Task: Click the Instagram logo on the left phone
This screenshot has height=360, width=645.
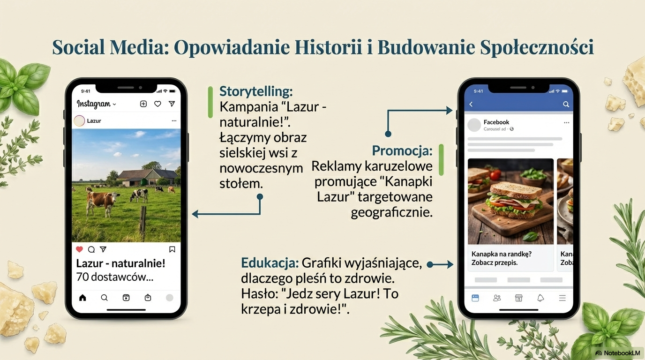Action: pos(93,104)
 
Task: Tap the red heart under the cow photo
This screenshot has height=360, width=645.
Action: pos(80,249)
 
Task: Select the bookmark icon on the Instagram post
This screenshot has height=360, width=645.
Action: pos(172,249)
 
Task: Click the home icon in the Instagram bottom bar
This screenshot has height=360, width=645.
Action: pos(82,298)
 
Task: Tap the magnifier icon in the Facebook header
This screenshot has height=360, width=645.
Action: pos(566,104)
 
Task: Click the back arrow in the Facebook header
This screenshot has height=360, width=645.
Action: pos(471,104)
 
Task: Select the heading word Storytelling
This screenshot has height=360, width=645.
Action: pos(256,91)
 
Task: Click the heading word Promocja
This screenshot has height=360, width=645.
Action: pos(402,150)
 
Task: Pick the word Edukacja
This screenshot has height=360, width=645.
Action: pos(270,262)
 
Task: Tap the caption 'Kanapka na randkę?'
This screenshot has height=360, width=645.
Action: pos(501,254)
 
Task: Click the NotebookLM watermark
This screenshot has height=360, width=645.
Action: pos(618,353)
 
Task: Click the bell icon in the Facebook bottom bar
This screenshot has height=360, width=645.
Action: pos(540,298)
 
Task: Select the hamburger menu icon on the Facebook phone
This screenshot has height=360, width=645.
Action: pos(562,298)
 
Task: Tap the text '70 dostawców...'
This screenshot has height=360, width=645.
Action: pos(114,277)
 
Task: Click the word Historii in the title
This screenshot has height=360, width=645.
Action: pos(328,47)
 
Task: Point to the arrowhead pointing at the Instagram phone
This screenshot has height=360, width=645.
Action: pos(195,214)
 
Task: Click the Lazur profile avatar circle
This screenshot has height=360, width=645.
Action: pos(79,121)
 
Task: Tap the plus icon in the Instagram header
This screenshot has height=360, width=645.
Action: pos(143,104)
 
